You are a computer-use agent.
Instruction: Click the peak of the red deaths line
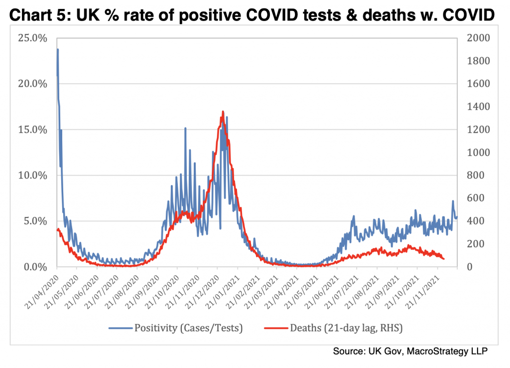(222, 111)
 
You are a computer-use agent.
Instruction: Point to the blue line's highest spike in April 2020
(58, 49)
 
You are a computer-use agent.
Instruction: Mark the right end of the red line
(444, 258)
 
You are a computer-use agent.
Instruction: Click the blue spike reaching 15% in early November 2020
(185, 128)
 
